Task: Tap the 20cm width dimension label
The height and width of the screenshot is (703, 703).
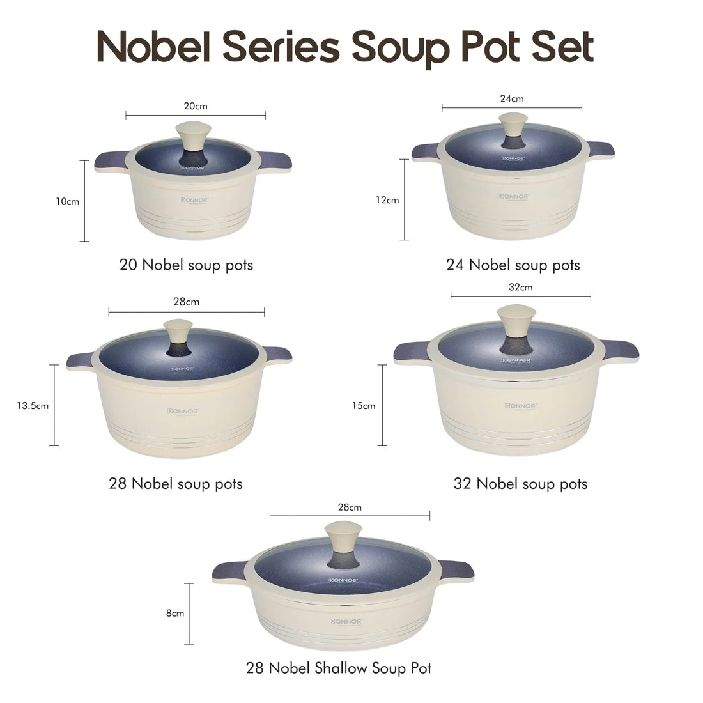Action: (196, 106)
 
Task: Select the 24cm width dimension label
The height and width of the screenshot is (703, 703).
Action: (512, 98)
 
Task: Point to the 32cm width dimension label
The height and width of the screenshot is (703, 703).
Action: (520, 287)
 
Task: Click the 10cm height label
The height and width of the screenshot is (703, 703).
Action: (67, 201)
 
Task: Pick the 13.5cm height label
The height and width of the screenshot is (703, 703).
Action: (33, 405)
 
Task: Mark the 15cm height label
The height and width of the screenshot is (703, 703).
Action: (364, 405)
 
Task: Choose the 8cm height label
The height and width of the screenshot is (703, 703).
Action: (174, 613)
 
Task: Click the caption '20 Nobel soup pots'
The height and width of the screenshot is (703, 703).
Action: (186, 265)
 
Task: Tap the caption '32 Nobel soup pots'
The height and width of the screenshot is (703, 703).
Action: (520, 484)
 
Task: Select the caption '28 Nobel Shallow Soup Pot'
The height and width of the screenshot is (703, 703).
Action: (339, 668)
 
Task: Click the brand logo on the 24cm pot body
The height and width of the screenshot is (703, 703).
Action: (513, 196)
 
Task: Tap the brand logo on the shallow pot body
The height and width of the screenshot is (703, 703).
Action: (346, 621)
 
